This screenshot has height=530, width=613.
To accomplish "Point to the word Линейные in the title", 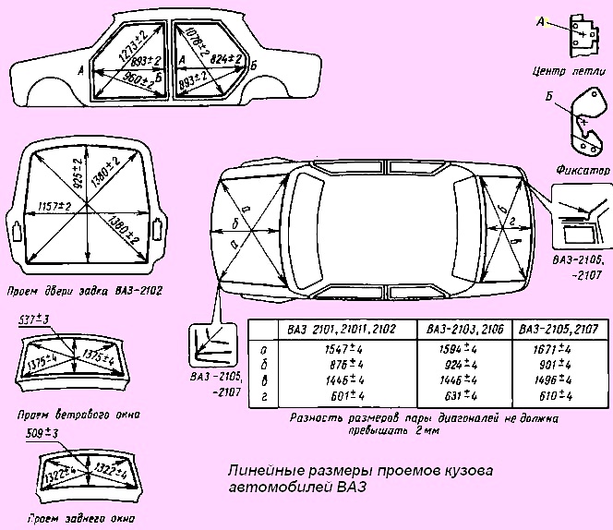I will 260,470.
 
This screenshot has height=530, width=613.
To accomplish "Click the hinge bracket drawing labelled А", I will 578,33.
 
